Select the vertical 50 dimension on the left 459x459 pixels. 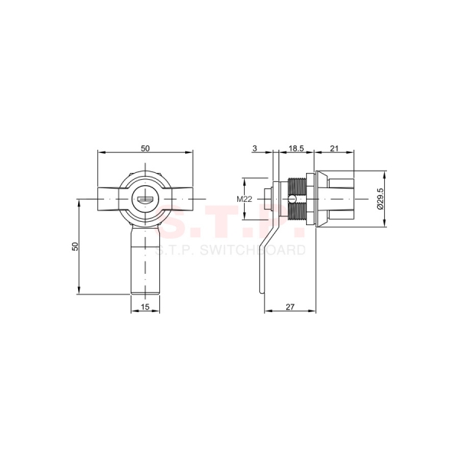(75, 246)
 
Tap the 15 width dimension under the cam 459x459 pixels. (145, 308)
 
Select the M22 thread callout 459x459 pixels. (244, 200)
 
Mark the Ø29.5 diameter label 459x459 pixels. (380, 199)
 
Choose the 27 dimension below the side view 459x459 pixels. (290, 308)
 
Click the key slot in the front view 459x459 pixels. (145, 201)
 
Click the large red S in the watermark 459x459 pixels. (181, 222)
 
